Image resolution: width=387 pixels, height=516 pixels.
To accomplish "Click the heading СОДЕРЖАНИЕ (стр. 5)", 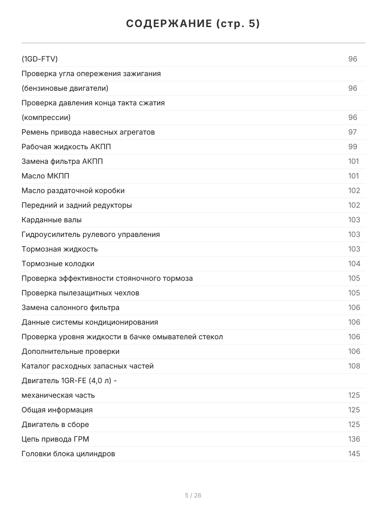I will pos(193,24).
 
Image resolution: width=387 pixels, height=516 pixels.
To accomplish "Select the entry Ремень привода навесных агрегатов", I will pos(88,132).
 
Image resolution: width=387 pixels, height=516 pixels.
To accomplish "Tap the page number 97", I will pos(353,132).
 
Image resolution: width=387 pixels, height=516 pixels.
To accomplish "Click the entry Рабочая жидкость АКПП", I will pos(66,147).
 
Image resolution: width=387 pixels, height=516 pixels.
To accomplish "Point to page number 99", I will pos(353,147).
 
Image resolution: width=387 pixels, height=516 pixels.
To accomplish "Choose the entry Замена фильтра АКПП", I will pos(62,161).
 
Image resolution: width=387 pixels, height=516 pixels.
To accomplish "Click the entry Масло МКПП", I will pos(46,176).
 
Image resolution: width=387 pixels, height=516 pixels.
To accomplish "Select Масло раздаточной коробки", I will pos(73,190).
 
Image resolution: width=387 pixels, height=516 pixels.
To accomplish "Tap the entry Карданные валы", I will pos(52,220).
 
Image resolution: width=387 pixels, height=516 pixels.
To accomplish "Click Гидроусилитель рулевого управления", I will pos(91,234).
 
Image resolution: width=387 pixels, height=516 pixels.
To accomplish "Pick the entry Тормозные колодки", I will pos(58,264).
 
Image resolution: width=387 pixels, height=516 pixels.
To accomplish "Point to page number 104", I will pos(354,264).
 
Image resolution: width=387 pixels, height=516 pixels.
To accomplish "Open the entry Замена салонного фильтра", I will pos(71,307).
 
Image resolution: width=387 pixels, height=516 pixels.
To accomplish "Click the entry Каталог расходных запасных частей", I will pos(88,366).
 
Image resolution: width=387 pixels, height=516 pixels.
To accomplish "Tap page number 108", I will pos(354,366).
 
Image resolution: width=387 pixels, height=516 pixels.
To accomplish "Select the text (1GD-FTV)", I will pos(40,59).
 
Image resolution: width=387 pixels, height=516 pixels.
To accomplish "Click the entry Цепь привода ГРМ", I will pos(55,439).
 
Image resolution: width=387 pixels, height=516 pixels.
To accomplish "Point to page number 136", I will pos(354,439).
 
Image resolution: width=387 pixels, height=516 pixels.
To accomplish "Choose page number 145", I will pos(354,454).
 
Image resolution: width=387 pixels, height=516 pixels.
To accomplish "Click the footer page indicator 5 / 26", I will pos(193,495).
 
